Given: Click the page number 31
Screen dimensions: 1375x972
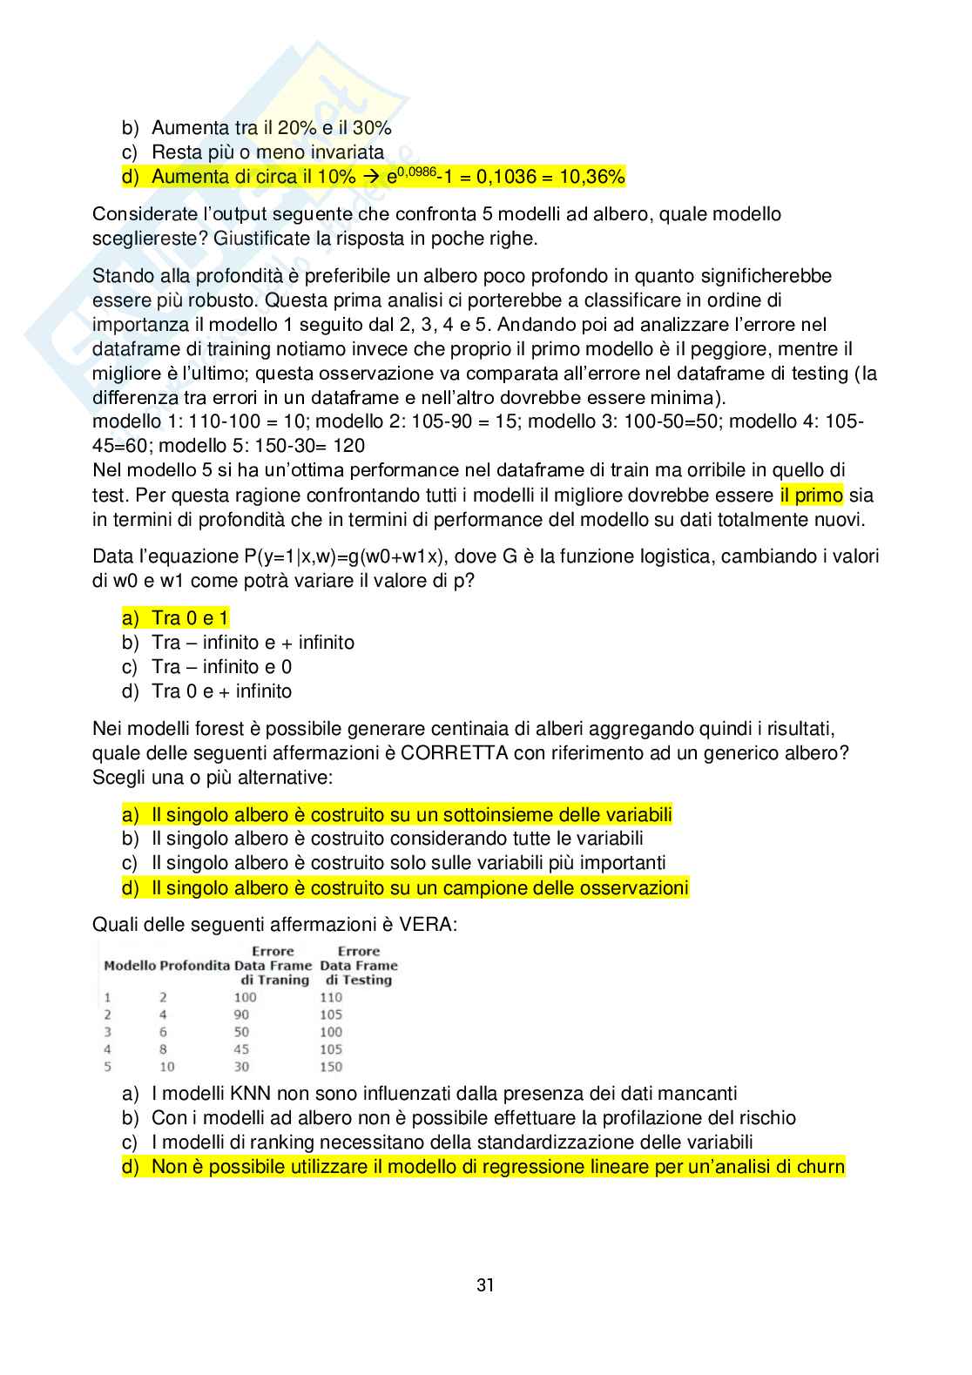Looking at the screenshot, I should tap(485, 1284).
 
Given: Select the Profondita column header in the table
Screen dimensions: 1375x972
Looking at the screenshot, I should tap(195, 966).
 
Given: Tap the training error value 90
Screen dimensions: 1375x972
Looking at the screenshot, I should tap(241, 1014).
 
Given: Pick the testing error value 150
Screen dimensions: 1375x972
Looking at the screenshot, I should tap(331, 1067).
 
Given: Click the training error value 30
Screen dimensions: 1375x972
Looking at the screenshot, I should tap(241, 1067).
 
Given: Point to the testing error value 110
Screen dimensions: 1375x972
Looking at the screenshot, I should tap(331, 997).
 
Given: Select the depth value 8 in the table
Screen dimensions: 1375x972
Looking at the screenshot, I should tap(163, 1049).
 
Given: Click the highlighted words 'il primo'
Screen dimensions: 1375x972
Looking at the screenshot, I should tap(812, 495).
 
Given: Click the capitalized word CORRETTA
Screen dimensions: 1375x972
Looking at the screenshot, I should tap(455, 752).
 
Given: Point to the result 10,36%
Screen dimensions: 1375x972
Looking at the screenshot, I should tap(592, 177).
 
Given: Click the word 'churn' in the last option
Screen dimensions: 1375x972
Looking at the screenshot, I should tap(819, 1167).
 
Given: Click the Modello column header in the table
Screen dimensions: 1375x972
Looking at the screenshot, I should tap(130, 966).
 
